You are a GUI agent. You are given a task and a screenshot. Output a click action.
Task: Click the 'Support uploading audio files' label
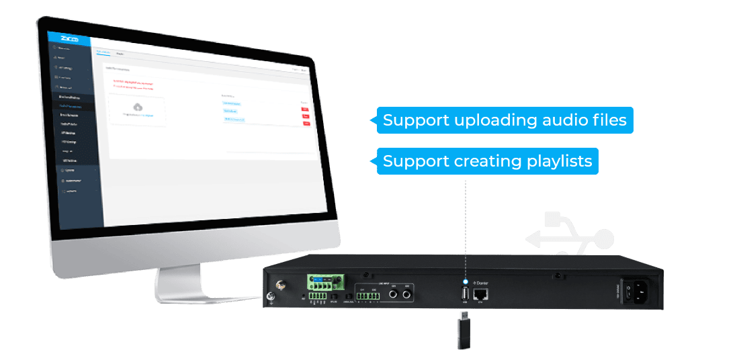click(505, 121)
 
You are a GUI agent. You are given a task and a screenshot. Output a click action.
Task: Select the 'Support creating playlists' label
click(487, 161)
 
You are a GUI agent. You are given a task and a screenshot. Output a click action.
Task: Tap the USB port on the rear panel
click(464, 294)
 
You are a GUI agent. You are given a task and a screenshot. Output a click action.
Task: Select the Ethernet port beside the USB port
click(480, 294)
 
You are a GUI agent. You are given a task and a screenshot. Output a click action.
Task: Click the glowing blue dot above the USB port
click(465, 280)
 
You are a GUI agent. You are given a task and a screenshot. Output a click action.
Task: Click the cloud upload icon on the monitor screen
click(138, 107)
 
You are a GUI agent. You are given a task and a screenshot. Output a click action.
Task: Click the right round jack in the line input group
click(408, 294)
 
